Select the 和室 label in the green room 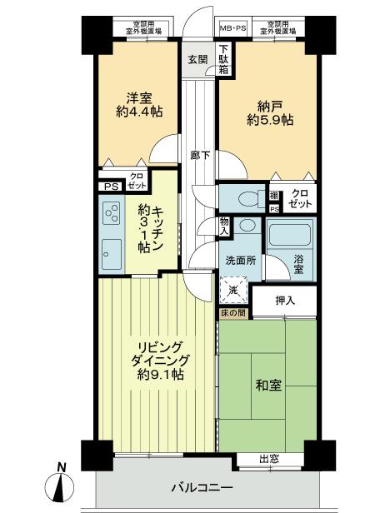pos(269,387)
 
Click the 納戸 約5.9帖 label pos(267,112)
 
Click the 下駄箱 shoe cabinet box pos(223,58)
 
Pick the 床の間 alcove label pos(233,314)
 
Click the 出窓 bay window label pos(267,458)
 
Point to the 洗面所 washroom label pos(239,260)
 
